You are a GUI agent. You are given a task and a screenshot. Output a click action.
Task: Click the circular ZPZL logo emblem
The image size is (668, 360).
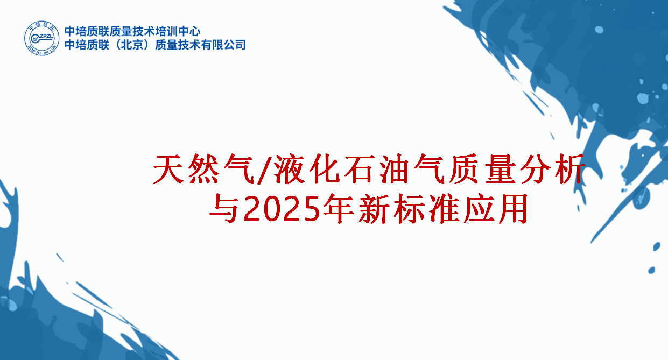(x=42, y=38)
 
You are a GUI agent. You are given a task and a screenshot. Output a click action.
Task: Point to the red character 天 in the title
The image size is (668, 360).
(x=168, y=170)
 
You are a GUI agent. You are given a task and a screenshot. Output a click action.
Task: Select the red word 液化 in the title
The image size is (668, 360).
(x=307, y=170)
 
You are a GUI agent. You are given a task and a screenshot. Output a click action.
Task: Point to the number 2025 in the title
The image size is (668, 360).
(x=282, y=209)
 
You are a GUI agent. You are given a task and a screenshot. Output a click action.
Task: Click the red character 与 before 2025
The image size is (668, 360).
(x=224, y=209)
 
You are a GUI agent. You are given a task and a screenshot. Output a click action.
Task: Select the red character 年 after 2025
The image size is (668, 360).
(x=339, y=209)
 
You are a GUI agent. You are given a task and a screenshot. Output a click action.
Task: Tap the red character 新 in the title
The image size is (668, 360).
(x=374, y=209)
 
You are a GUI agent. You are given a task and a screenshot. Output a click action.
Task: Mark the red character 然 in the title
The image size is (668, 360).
(x=203, y=170)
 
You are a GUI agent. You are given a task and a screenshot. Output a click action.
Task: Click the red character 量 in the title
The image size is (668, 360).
(x=501, y=170)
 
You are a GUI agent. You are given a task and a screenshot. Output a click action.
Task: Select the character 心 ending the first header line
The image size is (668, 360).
(x=195, y=31)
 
